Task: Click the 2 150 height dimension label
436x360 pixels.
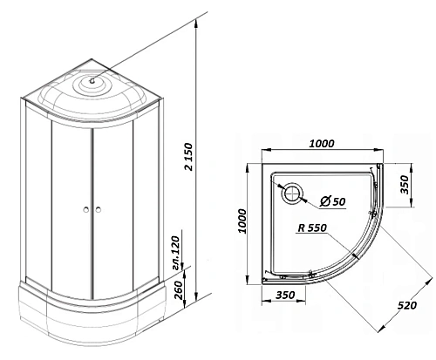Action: [x=188, y=156]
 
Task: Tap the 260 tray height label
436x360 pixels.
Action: [x=179, y=290]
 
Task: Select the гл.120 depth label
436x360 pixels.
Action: [x=176, y=253]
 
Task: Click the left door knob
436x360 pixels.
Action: [x=86, y=209]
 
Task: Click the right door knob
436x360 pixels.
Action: [x=99, y=209]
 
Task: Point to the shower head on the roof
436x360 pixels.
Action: [x=92, y=81]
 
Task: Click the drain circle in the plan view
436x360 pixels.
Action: [x=292, y=194]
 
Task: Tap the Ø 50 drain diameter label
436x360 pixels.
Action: [x=332, y=201]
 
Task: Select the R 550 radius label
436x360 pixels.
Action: [x=312, y=228]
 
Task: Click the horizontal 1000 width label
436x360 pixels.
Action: [x=322, y=144]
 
